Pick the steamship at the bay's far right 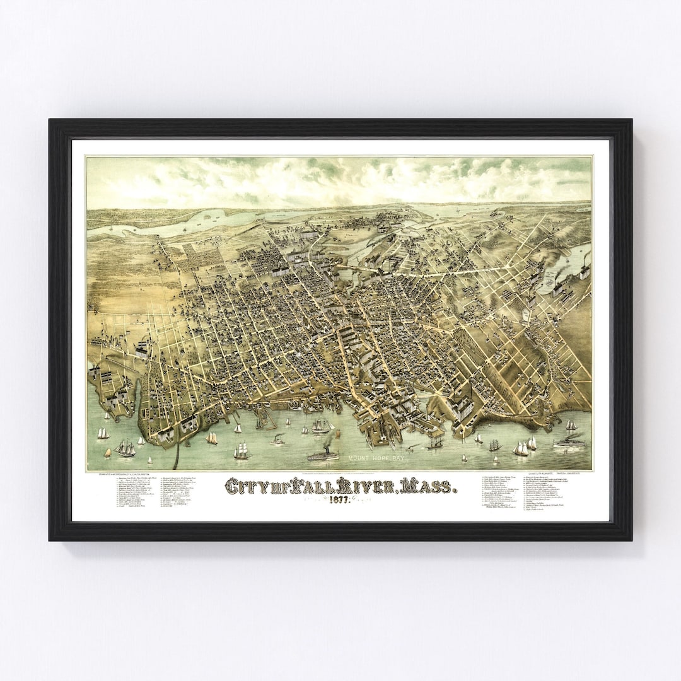569,441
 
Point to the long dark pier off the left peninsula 178,455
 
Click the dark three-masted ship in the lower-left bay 125,448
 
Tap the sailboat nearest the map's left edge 103,433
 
